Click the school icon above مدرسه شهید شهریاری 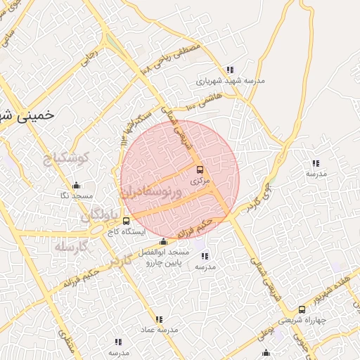[x=230, y=70]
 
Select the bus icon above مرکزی [x=200, y=169]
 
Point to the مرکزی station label [x=200, y=181]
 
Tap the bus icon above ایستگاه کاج [x=126, y=221]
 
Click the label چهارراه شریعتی [x=302, y=319]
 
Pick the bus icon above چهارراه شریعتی [x=302, y=309]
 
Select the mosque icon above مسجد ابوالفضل [x=164, y=242]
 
